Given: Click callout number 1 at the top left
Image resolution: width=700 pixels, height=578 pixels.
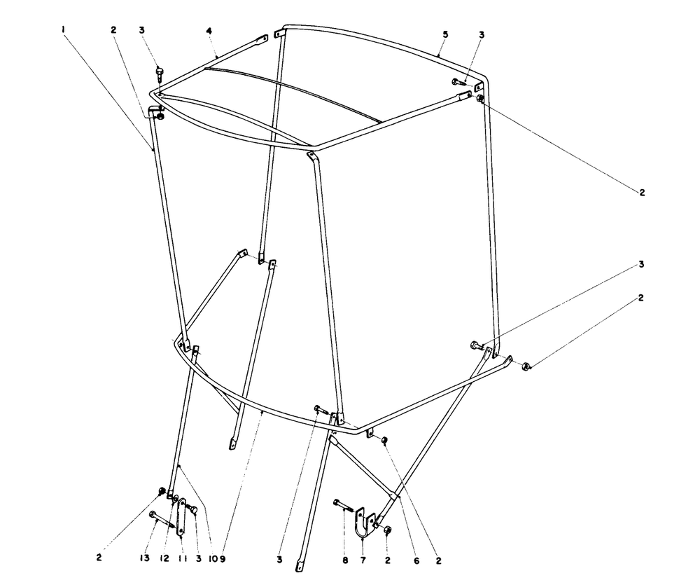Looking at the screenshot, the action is pyautogui.click(x=64, y=29).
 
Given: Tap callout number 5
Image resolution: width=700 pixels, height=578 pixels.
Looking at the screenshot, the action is pyautogui.click(x=444, y=34).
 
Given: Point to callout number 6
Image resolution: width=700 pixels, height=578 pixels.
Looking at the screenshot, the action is pyautogui.click(x=416, y=560).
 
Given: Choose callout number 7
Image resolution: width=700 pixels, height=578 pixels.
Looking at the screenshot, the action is pyautogui.click(x=363, y=560).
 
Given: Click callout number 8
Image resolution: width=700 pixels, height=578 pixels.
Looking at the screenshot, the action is pyautogui.click(x=345, y=560).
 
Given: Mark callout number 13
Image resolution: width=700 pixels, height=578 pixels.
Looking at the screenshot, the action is pyautogui.click(x=144, y=559).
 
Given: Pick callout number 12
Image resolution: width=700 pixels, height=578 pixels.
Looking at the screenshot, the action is pyautogui.click(x=164, y=559).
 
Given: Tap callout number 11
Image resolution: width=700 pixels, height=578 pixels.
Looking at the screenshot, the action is pyautogui.click(x=181, y=559).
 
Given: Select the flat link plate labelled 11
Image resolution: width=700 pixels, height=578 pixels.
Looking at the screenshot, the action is pyautogui.click(x=181, y=517).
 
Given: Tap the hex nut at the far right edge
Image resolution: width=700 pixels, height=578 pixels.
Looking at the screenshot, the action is pyautogui.click(x=526, y=366).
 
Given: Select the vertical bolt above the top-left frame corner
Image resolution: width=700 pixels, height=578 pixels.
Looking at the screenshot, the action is pyautogui.click(x=158, y=73).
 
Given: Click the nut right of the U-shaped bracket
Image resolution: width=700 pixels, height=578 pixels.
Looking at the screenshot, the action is pyautogui.click(x=388, y=530).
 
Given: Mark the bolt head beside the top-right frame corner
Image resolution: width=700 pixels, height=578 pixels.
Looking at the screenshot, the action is pyautogui.click(x=458, y=82).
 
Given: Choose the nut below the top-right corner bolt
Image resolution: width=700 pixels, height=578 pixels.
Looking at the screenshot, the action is pyautogui.click(x=479, y=98).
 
